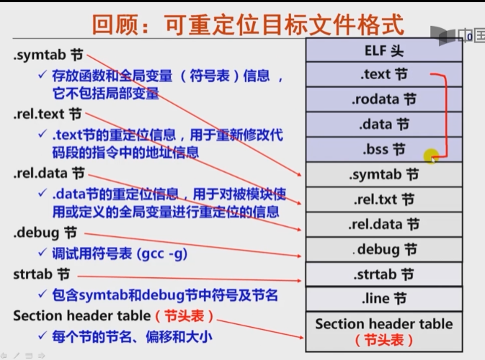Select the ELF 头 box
point(384,51)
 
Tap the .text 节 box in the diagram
point(384,75)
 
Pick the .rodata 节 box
point(384,99)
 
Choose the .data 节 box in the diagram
point(384,125)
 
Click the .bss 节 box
point(384,150)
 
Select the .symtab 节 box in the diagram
point(384,174)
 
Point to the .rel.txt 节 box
point(384,199)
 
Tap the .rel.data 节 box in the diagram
point(384,225)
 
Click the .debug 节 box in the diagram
point(384,249)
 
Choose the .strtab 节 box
point(384,274)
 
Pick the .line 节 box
point(384,298)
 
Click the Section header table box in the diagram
point(384,331)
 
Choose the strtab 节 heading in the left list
point(42,275)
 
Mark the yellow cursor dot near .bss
point(431,155)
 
